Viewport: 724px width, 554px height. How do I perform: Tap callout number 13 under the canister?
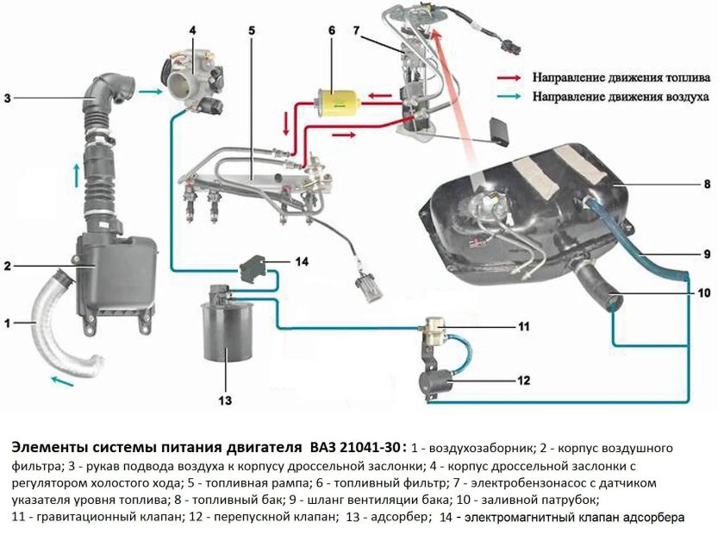[x=225, y=400]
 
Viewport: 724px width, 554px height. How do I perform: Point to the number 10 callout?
[x=704, y=293]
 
